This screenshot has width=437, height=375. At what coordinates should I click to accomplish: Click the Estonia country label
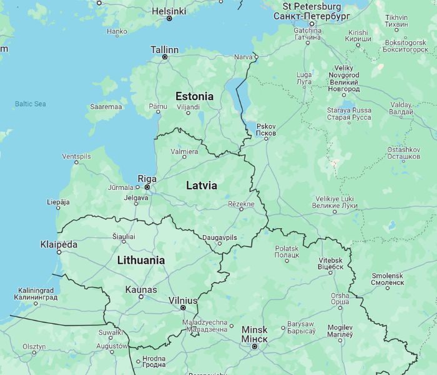coord(194,96)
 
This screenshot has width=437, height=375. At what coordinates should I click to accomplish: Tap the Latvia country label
coord(202,186)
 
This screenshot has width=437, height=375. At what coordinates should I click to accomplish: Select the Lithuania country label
coord(141,260)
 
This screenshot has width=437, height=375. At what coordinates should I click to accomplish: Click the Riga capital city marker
coord(147,187)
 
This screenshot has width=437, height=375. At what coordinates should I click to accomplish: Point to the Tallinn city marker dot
coord(165,57)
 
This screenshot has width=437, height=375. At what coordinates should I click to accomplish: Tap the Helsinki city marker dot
coord(169,19)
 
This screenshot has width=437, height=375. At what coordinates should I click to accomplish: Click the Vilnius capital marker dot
coord(183,307)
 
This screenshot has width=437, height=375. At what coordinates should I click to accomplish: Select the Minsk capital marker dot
coord(255,346)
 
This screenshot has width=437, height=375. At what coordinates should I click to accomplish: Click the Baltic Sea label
coord(31,104)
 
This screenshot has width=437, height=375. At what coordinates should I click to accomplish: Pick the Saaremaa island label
coord(106,107)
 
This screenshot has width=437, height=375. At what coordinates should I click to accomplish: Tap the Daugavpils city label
coord(220,237)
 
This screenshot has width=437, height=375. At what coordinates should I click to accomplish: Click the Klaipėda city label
coord(59,244)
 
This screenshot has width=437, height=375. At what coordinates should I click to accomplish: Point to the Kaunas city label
coord(141,289)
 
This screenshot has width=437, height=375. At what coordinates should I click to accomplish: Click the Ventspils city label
coord(76,156)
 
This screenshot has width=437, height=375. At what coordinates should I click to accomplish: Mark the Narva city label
coord(242,57)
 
